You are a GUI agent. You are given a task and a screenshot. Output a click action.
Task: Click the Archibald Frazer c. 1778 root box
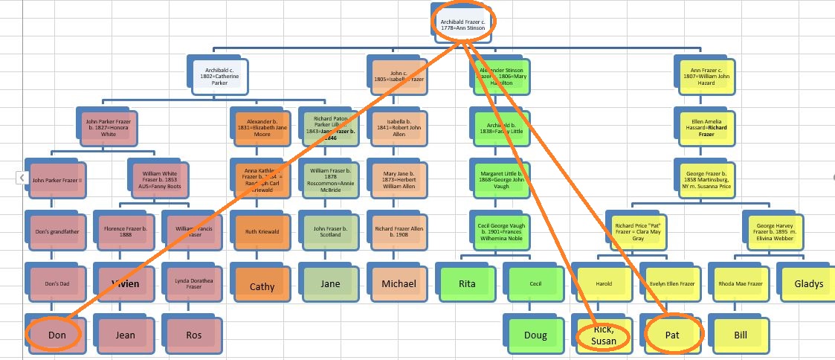point(462,25)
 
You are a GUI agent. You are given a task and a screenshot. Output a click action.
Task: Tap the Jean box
point(124,335)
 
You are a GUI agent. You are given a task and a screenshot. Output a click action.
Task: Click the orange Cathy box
point(261,286)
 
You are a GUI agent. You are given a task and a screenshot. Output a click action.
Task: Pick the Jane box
point(330,283)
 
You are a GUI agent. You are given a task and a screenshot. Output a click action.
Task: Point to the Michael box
point(399,283)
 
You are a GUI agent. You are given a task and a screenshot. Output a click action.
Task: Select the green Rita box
point(466,283)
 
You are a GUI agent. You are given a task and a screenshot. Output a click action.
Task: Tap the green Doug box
point(535,335)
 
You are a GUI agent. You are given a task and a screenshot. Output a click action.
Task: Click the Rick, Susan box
point(603,335)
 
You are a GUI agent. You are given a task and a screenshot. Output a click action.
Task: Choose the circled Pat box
point(672,335)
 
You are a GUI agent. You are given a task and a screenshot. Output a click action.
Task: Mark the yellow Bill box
point(740,335)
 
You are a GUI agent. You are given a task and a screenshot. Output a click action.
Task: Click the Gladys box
point(807,283)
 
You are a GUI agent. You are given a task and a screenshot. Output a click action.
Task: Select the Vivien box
point(124,283)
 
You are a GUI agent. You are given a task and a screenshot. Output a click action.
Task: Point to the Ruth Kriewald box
point(261,231)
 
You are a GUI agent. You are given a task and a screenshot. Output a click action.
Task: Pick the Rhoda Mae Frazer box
point(740,283)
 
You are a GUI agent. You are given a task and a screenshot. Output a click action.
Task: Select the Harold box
point(603,283)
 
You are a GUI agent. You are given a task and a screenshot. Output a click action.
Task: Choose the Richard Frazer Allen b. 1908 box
point(399,231)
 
